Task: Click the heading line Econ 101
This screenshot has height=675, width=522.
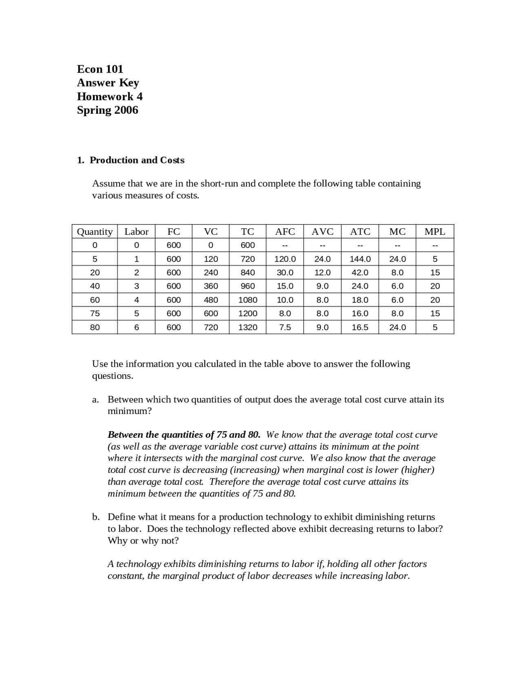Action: click(x=100, y=69)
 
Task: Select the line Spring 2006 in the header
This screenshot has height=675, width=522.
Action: click(x=107, y=110)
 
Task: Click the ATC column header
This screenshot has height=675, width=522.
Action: click(x=360, y=232)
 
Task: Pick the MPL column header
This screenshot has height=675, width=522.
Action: click(x=435, y=232)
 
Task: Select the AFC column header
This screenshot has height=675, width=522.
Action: click(x=285, y=232)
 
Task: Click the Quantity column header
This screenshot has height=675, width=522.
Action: click(x=95, y=232)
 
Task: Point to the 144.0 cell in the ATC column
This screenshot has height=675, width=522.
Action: click(x=360, y=259)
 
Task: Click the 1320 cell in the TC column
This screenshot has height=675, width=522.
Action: click(x=248, y=327)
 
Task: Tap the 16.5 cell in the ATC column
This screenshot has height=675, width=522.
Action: click(x=360, y=327)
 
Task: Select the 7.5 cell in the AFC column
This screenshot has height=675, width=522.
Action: click(x=285, y=327)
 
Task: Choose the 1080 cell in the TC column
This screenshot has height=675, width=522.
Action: click(x=248, y=300)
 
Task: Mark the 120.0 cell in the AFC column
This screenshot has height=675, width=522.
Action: click(x=285, y=259)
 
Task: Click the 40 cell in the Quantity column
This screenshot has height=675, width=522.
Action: click(x=95, y=286)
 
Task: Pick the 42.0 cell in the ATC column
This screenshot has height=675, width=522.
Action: click(x=360, y=273)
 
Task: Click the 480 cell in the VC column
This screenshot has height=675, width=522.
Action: click(x=211, y=300)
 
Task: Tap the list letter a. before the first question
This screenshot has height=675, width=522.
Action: click(x=95, y=399)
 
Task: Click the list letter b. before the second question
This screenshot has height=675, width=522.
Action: click(x=96, y=517)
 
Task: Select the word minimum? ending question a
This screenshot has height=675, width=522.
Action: click(x=129, y=411)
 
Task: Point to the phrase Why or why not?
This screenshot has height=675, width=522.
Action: click(x=143, y=540)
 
